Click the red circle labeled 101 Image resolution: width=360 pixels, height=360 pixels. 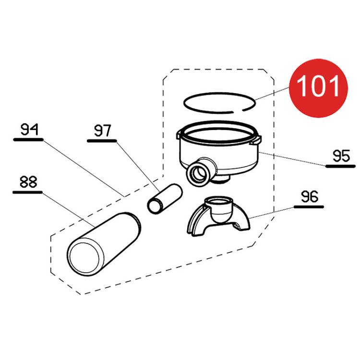point(318,88)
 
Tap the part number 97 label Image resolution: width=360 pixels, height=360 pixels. point(103,131)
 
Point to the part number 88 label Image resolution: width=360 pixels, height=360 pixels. point(28,182)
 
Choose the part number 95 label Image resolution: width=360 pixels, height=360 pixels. point(341,156)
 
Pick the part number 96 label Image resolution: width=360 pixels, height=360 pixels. point(310,196)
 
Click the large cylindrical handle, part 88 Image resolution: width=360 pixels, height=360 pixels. point(104,244)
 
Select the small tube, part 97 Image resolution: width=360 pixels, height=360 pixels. point(165,199)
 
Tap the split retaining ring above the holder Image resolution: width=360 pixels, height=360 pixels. point(219,103)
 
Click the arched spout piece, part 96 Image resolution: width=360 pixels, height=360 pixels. point(218,216)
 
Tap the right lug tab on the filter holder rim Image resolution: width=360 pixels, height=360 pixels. point(255,140)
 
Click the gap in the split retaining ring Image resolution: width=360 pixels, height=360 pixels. point(238,111)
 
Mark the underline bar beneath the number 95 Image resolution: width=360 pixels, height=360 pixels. point(340,166)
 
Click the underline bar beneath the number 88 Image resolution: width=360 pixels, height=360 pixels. point(27,192)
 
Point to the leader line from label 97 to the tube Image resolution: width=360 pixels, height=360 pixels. point(138,167)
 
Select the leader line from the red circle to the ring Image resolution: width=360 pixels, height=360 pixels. point(272,94)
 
